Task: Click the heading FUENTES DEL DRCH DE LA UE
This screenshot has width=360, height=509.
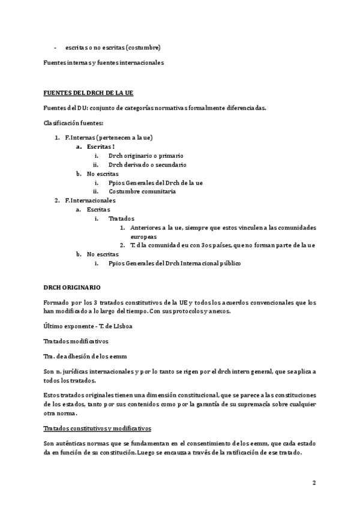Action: click(88, 93)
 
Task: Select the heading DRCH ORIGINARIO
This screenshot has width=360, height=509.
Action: click(72, 288)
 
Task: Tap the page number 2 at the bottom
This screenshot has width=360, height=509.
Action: click(313, 483)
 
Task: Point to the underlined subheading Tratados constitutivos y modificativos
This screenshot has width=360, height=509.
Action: click(97, 428)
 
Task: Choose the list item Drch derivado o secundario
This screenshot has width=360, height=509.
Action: click(147, 164)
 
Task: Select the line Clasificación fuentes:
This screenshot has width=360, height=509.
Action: click(74, 123)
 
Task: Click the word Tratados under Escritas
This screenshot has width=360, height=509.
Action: click(122, 218)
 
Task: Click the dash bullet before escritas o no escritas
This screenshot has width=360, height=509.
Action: click(56, 47)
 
